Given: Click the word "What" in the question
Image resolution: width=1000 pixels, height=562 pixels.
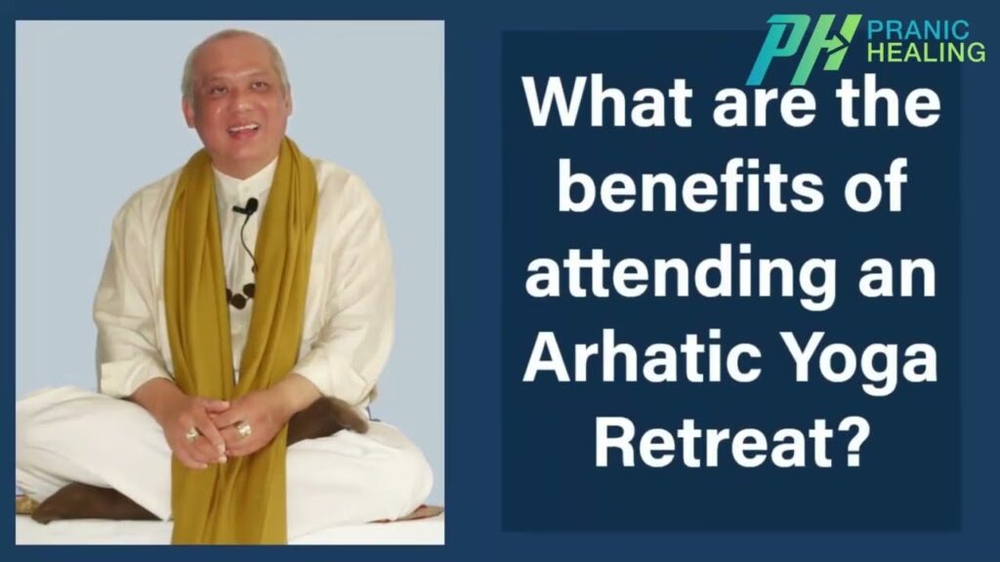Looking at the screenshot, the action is pos(607,102).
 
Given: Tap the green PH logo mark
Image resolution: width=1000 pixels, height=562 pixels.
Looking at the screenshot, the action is pos(804,49).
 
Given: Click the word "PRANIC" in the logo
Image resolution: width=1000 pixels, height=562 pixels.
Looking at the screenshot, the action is pos(918,30).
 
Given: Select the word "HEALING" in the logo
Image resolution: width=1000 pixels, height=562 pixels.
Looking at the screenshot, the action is pos(927,53).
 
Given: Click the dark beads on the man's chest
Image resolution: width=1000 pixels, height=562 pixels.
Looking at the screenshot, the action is pos(240,295).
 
